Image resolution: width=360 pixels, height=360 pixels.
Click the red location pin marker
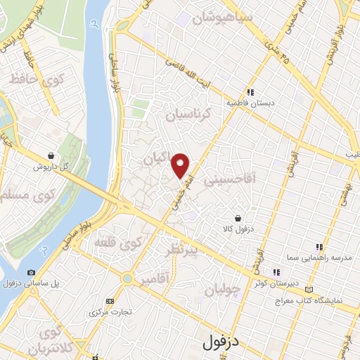click(181, 165)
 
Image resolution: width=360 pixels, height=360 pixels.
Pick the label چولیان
click(224, 288)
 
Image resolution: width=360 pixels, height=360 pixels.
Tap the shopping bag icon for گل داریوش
click(51, 155)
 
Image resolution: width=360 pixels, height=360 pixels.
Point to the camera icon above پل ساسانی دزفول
click(31, 273)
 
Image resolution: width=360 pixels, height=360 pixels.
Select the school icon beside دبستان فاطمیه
click(250, 91)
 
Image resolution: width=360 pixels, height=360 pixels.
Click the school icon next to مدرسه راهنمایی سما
click(320, 247)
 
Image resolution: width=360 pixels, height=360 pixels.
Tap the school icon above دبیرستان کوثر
click(277, 272)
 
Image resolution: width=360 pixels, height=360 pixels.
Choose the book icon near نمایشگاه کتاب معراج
click(311, 289)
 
